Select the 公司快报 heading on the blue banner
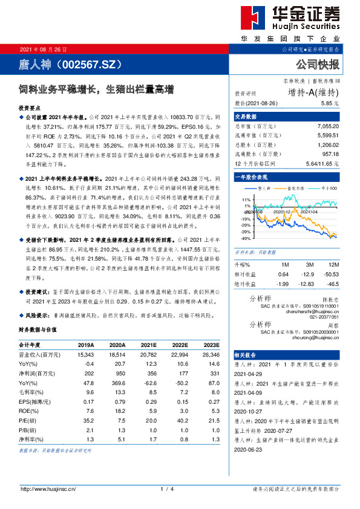[317, 64]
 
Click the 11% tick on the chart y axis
[246, 199]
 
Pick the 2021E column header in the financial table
[149, 345]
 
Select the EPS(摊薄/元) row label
[34, 401]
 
